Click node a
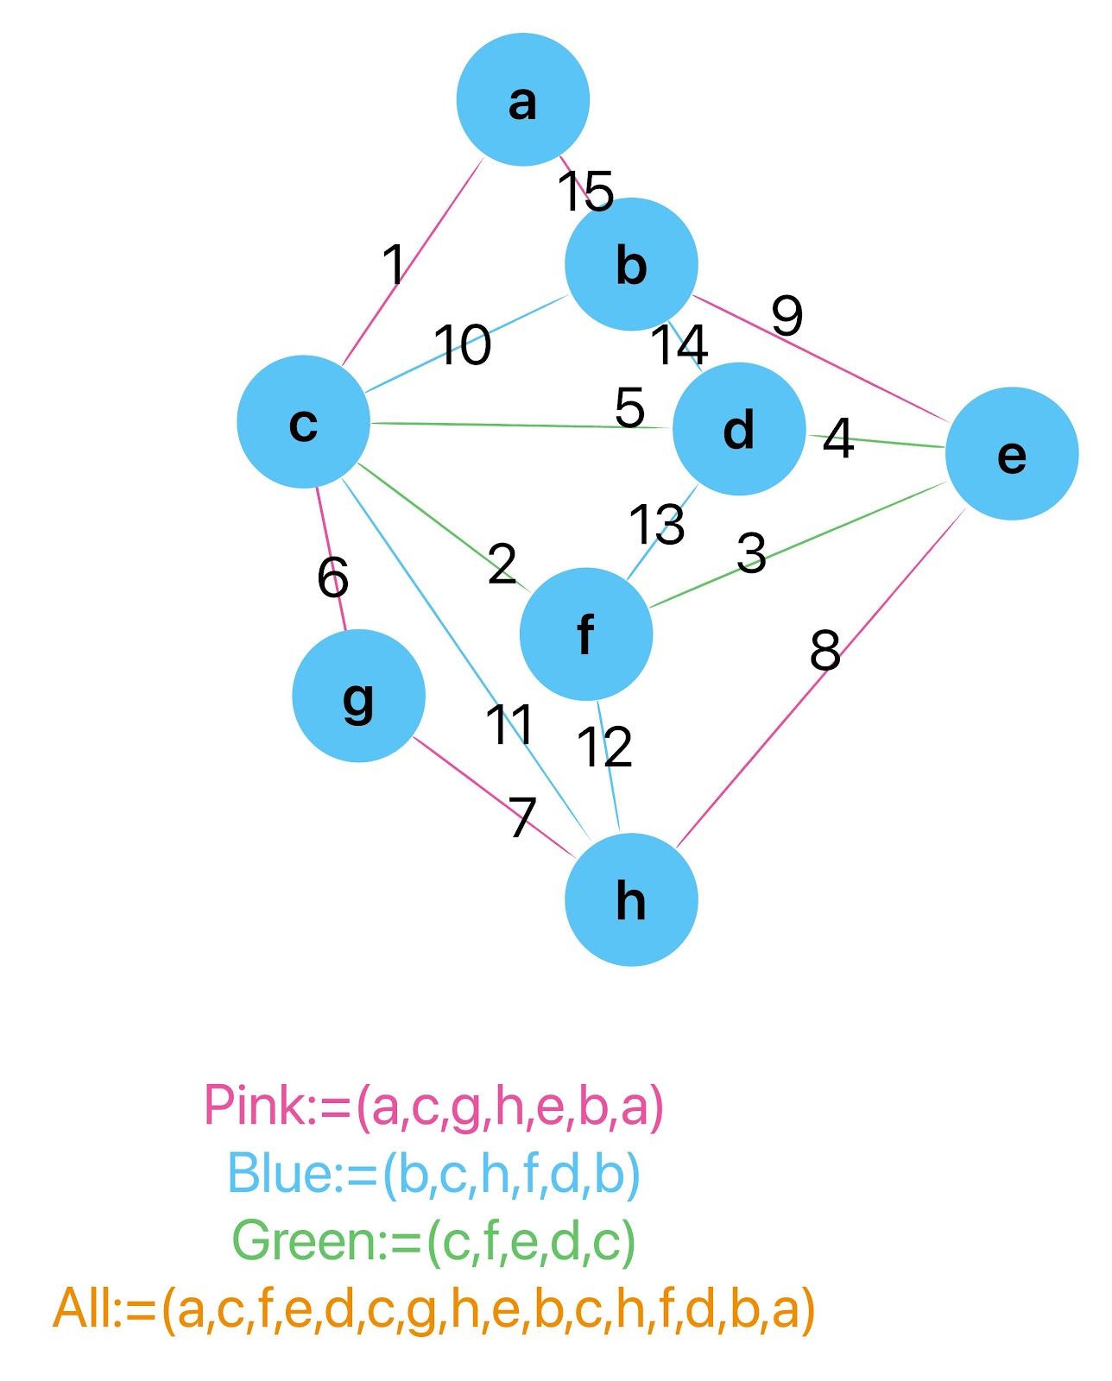[522, 99]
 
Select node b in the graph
[631, 263]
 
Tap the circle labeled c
[303, 422]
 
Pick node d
[739, 428]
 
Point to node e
[1012, 453]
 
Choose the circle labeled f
[586, 634]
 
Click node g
[358, 696]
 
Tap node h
[631, 899]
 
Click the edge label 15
[585, 191]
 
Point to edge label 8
[825, 651]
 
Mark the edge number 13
[656, 524]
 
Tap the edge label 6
[332, 577]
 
